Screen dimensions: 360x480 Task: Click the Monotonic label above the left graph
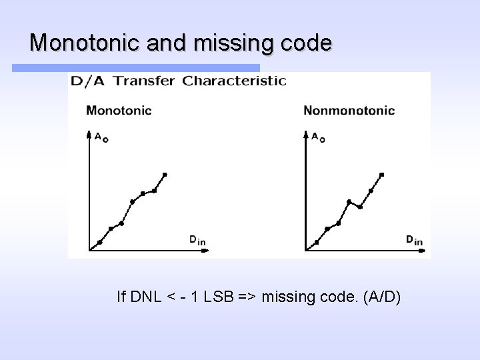click(119, 110)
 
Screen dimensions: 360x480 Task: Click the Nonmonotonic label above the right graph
click(349, 110)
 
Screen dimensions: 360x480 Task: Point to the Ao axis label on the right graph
click(318, 137)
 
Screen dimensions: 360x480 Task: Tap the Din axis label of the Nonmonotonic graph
click(414, 239)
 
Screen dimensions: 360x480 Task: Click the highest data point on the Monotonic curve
click(165, 175)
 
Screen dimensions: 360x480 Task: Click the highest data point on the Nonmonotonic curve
click(382, 175)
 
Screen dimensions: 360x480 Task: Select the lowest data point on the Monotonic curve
click(99, 242)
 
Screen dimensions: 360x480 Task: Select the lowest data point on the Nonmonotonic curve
click(317, 242)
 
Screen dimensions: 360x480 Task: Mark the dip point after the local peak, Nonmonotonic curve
click(360, 207)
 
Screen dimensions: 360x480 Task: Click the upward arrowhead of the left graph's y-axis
click(89, 135)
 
